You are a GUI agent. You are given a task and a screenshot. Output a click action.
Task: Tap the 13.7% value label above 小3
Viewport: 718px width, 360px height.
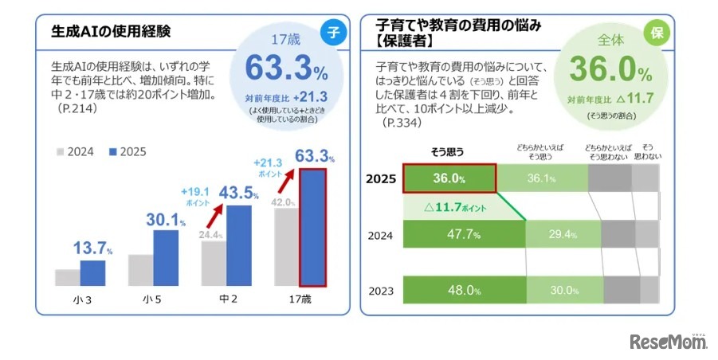click(92, 247)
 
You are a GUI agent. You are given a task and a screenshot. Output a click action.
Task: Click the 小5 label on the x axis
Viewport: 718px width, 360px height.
click(153, 299)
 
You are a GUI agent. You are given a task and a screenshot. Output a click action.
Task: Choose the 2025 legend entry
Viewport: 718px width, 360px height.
click(127, 151)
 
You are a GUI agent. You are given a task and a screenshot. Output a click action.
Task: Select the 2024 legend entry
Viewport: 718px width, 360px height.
click(77, 151)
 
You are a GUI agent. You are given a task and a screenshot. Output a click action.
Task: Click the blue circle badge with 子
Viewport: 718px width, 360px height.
click(333, 33)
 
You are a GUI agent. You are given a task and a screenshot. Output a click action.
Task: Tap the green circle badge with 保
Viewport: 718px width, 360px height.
click(657, 33)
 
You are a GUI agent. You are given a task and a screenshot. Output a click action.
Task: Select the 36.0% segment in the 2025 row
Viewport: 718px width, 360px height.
click(449, 178)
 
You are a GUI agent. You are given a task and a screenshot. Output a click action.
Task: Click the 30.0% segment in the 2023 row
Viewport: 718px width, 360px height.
click(563, 290)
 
